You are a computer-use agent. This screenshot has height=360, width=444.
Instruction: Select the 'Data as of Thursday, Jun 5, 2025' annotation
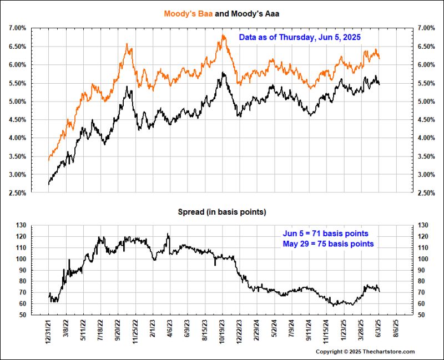point(300,38)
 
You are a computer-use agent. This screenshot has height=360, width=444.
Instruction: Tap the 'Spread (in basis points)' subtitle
point(222,212)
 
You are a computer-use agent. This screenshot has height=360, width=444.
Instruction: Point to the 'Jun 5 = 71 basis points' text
point(325,234)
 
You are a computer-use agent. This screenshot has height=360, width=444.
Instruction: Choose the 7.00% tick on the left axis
point(17,28)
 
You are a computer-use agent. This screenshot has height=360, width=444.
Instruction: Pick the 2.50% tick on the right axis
point(426,193)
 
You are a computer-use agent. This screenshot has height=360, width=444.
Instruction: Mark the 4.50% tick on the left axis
point(17,120)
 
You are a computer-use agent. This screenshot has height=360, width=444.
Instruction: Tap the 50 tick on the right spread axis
point(423,315)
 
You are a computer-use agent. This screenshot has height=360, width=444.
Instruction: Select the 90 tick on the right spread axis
point(423,270)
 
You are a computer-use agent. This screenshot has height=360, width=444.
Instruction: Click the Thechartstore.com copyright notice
point(365,352)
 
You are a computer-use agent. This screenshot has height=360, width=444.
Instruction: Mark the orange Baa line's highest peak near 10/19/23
point(223,36)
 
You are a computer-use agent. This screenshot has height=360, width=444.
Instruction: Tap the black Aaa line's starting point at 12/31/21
point(49,184)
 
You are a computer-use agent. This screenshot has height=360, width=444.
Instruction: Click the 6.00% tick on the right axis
point(426,64)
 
